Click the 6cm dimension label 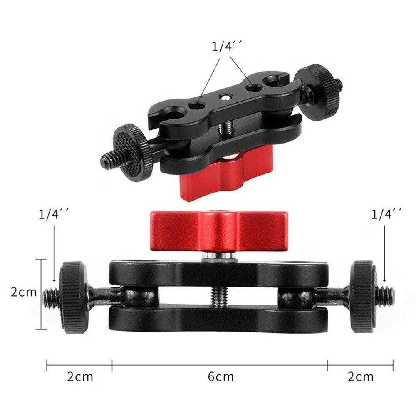click(x=221, y=377)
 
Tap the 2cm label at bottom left click(x=80, y=377)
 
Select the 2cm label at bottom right click(x=361, y=377)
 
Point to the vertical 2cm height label click(x=24, y=292)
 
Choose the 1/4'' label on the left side click(x=54, y=214)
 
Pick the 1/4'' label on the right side click(x=386, y=214)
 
